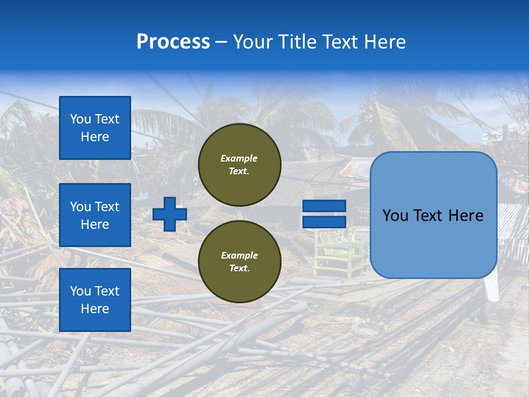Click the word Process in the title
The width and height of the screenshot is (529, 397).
pos(173,42)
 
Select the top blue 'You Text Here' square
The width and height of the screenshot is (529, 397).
pos(95,128)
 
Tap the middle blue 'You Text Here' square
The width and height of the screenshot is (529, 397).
pos(95,215)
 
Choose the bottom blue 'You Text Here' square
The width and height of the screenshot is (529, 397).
pos(95,300)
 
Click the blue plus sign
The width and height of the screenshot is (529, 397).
pos(169,214)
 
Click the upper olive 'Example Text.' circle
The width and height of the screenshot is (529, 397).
pos(239,165)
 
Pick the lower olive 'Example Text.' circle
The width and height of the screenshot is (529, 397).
pos(239,262)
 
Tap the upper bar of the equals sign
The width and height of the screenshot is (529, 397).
pos(324,206)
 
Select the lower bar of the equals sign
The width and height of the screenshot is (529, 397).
pos(324,222)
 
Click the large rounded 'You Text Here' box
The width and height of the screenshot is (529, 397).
pos(433,215)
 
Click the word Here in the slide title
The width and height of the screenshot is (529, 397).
pos(386,42)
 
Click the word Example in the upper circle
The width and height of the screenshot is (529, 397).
pos(239,158)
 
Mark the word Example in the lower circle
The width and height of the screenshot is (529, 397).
pos(239,255)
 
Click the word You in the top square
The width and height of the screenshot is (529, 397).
pos(80,119)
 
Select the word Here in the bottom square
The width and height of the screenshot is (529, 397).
pos(95,309)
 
